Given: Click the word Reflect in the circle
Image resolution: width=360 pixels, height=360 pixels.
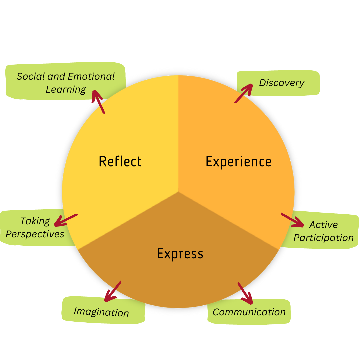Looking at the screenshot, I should point(120,162).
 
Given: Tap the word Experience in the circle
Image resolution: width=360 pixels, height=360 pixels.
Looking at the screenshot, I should point(238,162).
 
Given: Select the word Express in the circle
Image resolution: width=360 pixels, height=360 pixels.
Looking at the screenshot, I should point(180,254).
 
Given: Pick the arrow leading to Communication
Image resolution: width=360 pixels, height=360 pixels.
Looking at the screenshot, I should point(245,293).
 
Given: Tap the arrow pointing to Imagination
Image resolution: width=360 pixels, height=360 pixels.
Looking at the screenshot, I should point(113,292).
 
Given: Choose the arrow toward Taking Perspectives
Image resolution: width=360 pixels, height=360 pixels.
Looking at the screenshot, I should point(66,220).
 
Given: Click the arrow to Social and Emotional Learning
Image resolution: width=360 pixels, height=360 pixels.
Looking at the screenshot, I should point(98,102).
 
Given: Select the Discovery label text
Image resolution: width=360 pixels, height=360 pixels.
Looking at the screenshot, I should point(282,83).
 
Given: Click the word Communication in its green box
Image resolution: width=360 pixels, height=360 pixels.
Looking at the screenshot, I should point(249,312).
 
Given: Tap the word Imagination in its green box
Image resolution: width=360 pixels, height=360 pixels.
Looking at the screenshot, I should point(101,312).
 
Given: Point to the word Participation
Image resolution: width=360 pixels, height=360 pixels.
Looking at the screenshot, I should point(323,238).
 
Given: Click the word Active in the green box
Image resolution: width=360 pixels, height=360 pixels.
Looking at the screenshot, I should point(323,225).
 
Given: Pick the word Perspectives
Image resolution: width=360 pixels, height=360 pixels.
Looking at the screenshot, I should point(35,234).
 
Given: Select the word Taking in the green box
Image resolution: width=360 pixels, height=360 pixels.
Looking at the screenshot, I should point(35,221).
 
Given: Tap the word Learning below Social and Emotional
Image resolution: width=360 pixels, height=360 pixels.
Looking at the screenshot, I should point(66,90).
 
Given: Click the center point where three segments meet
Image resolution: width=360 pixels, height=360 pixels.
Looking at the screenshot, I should point(178,192).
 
